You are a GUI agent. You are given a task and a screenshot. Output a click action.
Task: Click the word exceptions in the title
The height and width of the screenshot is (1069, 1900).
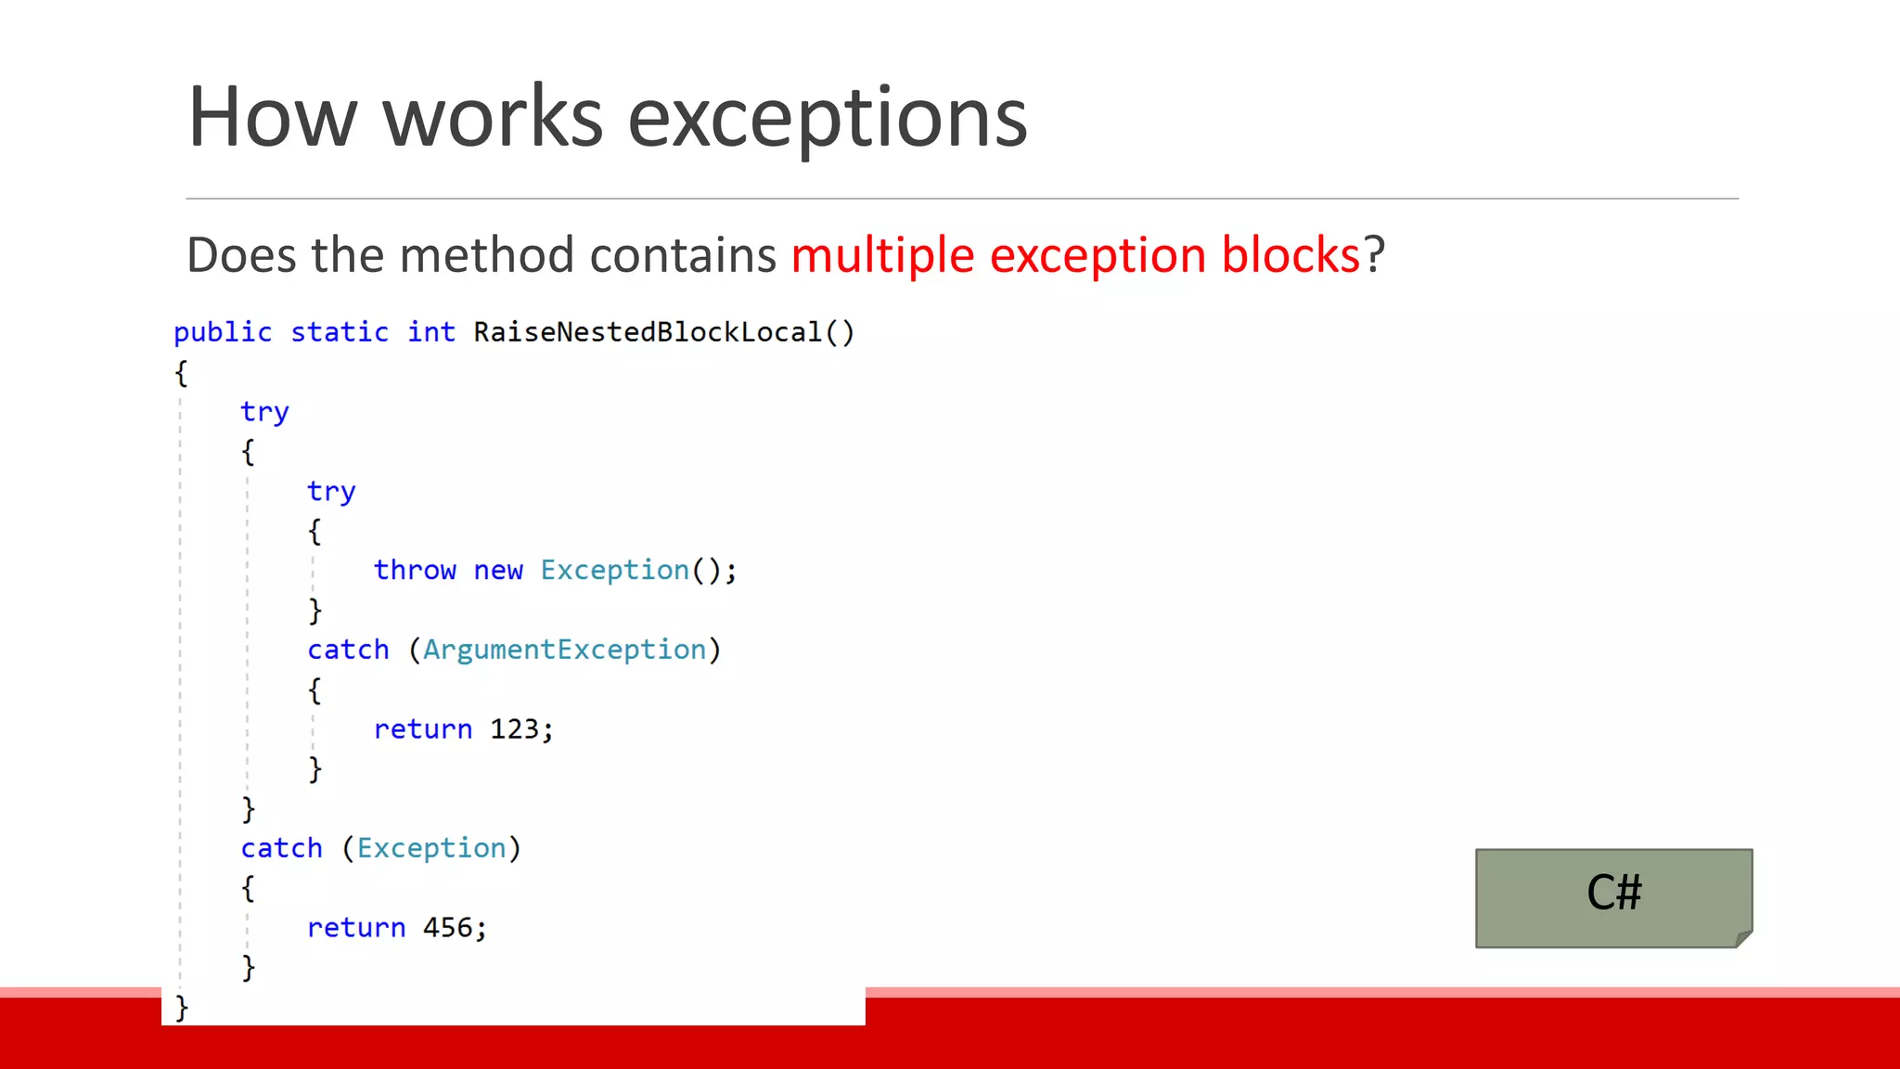pos(827,118)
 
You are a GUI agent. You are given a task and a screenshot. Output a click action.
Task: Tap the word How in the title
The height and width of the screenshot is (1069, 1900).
pos(272,118)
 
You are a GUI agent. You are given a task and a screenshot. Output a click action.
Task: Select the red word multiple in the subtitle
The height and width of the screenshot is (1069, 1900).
pos(882,255)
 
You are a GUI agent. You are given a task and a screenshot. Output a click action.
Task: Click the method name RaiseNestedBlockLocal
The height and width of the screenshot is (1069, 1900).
pos(648,332)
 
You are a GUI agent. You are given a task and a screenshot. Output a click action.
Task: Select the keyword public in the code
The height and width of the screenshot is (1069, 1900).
pos(223,332)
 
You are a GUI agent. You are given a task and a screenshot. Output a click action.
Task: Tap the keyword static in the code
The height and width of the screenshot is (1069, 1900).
pos(340,332)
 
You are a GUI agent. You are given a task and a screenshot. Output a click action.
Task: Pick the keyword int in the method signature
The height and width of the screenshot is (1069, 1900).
pos(431,332)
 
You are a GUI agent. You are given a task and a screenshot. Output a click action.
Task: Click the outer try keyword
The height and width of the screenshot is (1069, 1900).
pos(264,412)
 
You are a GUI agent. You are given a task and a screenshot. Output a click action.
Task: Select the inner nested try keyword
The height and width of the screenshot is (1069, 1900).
pos(331,492)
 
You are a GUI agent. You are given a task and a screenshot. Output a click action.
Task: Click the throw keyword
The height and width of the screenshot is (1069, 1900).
pos(415,571)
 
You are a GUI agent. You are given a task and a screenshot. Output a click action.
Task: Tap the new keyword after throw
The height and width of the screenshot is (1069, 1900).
pos(498,571)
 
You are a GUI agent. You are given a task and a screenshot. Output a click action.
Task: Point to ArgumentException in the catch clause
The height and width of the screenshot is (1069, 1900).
pos(564,650)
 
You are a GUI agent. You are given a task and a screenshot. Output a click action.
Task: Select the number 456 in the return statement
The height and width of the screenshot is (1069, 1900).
pos(447,928)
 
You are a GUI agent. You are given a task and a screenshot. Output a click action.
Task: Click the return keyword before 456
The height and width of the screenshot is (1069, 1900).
pos(356,928)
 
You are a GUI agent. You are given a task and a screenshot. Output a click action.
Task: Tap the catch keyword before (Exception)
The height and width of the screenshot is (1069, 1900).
pos(281,848)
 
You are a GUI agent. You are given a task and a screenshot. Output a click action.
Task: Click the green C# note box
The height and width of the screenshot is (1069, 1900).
pos(1613,897)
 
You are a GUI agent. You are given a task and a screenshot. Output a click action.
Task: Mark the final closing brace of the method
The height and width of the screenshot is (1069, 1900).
pos(182,1007)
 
